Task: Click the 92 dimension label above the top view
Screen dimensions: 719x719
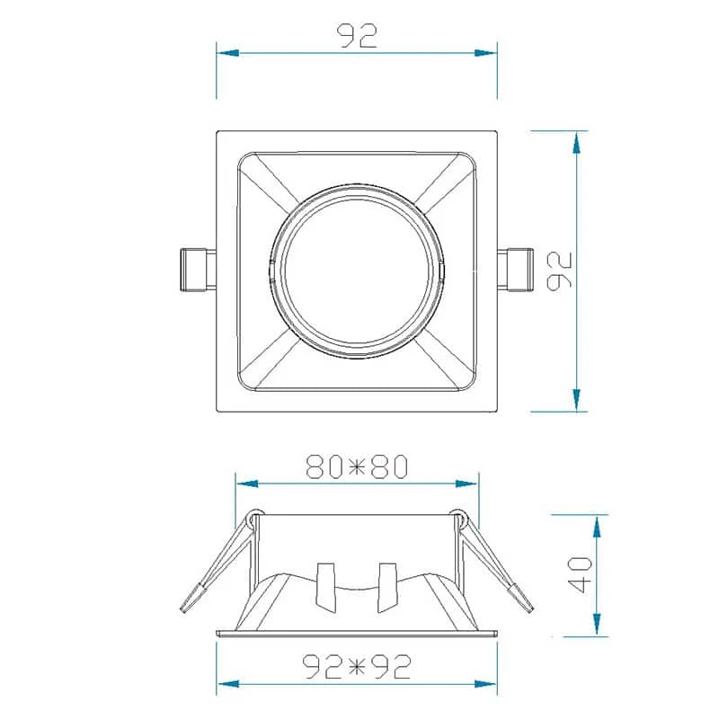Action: click(x=357, y=36)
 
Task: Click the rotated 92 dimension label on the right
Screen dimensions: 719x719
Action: click(x=560, y=271)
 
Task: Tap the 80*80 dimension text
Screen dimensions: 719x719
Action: click(x=357, y=466)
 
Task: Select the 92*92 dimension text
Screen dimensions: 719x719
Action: click(x=357, y=666)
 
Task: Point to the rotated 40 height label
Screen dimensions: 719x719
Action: click(x=580, y=575)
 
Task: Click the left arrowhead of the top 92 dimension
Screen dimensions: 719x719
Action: click(x=228, y=53)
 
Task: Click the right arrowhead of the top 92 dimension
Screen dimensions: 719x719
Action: click(x=485, y=53)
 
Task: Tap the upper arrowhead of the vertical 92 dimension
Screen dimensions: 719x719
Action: click(x=577, y=142)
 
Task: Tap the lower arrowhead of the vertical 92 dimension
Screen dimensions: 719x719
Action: click(x=577, y=400)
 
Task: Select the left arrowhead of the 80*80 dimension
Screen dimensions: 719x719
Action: click(x=247, y=484)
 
